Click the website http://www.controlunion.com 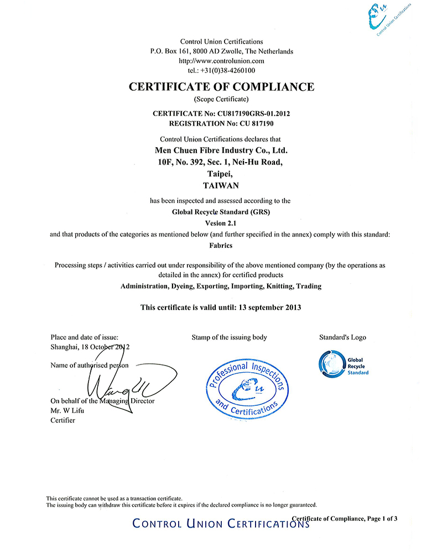tap(222, 61)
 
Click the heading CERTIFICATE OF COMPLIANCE tap(221, 87)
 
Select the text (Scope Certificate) tap(221, 100)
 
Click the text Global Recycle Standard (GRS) tap(221, 212)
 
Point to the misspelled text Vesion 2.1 tap(221, 223)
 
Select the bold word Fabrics tap(221, 245)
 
